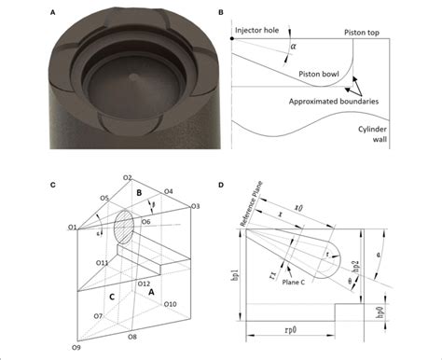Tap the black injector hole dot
pyautogui.click(x=231, y=39)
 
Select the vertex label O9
pyautogui.click(x=63, y=347)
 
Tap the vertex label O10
pyautogui.click(x=170, y=304)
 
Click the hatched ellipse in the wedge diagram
pyautogui.click(x=124, y=228)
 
